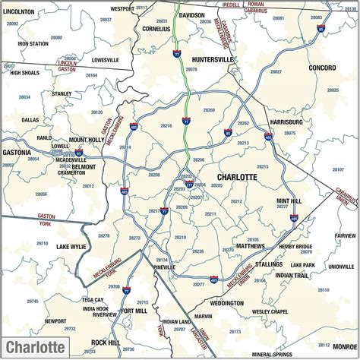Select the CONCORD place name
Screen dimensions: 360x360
[x=322, y=68]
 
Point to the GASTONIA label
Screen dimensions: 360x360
[x=17, y=152]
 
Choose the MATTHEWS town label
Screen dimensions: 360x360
[x=250, y=246]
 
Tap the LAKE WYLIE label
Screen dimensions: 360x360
[x=72, y=247]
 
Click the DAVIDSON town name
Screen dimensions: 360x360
[x=191, y=15]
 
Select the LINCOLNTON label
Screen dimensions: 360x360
[x=19, y=12]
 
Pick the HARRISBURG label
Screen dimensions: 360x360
[x=286, y=121]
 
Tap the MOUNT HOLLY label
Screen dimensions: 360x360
[x=86, y=140]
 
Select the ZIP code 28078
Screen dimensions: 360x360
[x=191, y=69]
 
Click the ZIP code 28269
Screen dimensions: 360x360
[x=208, y=110]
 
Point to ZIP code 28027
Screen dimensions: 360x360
[x=276, y=72]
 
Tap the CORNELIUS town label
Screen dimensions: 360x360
[x=157, y=28]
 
